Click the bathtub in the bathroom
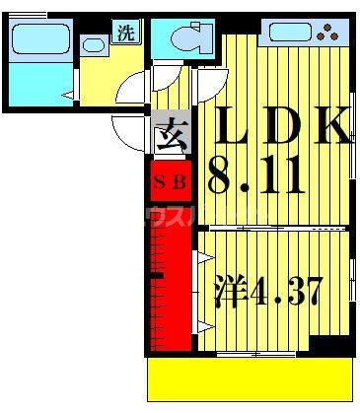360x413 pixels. tap(38, 41)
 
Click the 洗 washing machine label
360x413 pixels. tap(126, 32)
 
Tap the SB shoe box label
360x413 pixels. tap(172, 182)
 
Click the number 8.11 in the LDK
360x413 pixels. tap(255, 178)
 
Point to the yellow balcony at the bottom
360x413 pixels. tap(251, 379)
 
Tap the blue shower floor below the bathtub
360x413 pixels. tap(38, 85)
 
